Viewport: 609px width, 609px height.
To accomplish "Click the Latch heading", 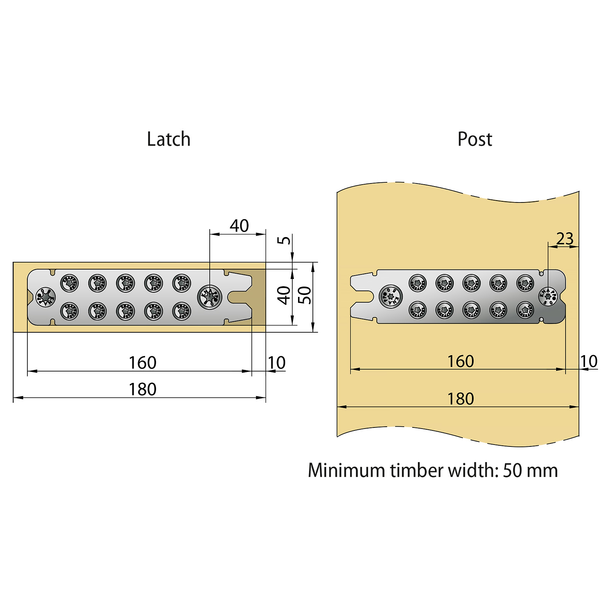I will click(x=169, y=139).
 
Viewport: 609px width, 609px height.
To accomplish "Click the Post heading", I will click(x=475, y=139).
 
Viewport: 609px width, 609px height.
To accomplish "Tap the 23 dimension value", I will click(x=564, y=239).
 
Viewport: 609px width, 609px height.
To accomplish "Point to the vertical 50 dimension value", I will click(x=305, y=295).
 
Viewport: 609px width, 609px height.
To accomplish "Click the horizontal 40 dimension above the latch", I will click(x=239, y=226).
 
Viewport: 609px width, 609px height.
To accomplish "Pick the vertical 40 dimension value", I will click(x=284, y=295).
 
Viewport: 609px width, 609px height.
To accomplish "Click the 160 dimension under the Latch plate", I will click(x=142, y=363).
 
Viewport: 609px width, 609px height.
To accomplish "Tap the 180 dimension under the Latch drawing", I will click(x=142, y=389).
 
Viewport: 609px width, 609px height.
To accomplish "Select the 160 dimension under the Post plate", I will click(x=460, y=361).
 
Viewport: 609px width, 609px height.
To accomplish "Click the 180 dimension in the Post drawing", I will click(x=460, y=399).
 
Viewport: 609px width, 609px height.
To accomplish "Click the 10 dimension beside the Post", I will click(x=588, y=362).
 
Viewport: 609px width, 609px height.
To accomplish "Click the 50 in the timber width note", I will click(x=512, y=470).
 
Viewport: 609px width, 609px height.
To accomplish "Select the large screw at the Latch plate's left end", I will click(x=45, y=297).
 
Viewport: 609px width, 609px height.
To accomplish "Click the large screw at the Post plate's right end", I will click(x=548, y=297).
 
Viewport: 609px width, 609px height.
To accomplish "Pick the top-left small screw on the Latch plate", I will click(x=69, y=283).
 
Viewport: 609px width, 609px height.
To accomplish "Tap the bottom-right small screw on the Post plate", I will click(x=525, y=310).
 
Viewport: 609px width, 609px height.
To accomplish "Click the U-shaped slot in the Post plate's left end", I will click(x=363, y=297).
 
